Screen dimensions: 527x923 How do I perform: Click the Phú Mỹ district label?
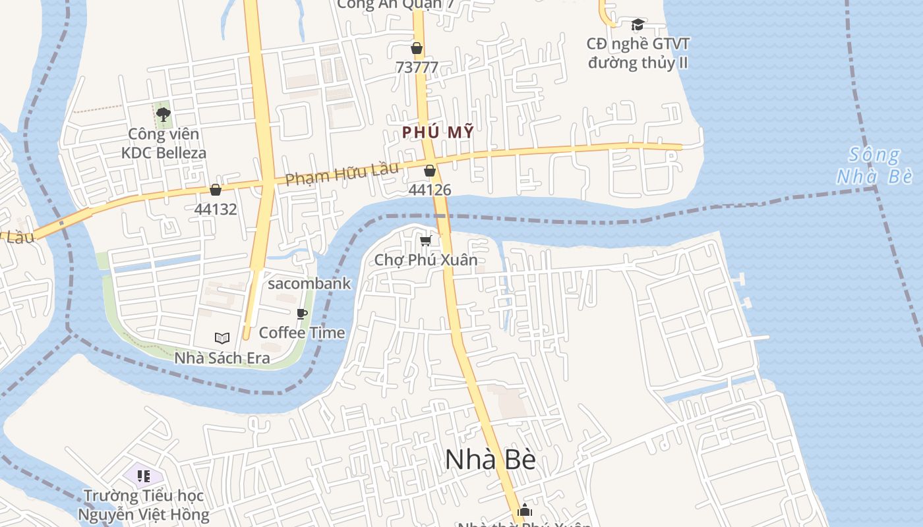[438, 132]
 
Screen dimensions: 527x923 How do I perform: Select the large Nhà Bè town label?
[490, 460]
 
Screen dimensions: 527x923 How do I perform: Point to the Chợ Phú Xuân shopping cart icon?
[426, 240]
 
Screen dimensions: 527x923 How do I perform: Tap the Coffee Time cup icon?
[302, 314]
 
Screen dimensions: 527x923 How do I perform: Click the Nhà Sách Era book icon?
[222, 338]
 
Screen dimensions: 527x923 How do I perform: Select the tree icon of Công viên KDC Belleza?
[164, 115]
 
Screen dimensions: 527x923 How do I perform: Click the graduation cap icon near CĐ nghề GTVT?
[638, 25]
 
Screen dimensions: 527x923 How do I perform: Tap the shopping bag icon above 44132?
[215, 190]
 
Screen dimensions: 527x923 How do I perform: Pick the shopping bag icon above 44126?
[430, 171]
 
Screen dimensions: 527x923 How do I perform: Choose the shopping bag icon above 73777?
[417, 48]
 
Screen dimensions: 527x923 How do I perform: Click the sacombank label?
[309, 284]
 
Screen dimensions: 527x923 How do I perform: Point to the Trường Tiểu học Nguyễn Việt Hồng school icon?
[144, 476]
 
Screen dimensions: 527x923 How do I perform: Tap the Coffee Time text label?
[302, 333]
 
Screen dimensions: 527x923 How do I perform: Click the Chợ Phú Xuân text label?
[426, 260]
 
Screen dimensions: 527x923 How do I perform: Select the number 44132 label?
[215, 209]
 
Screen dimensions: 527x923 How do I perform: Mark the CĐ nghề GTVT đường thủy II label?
[638, 53]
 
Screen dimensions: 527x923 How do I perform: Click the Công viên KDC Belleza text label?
[164, 144]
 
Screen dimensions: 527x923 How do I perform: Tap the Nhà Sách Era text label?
[222, 358]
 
